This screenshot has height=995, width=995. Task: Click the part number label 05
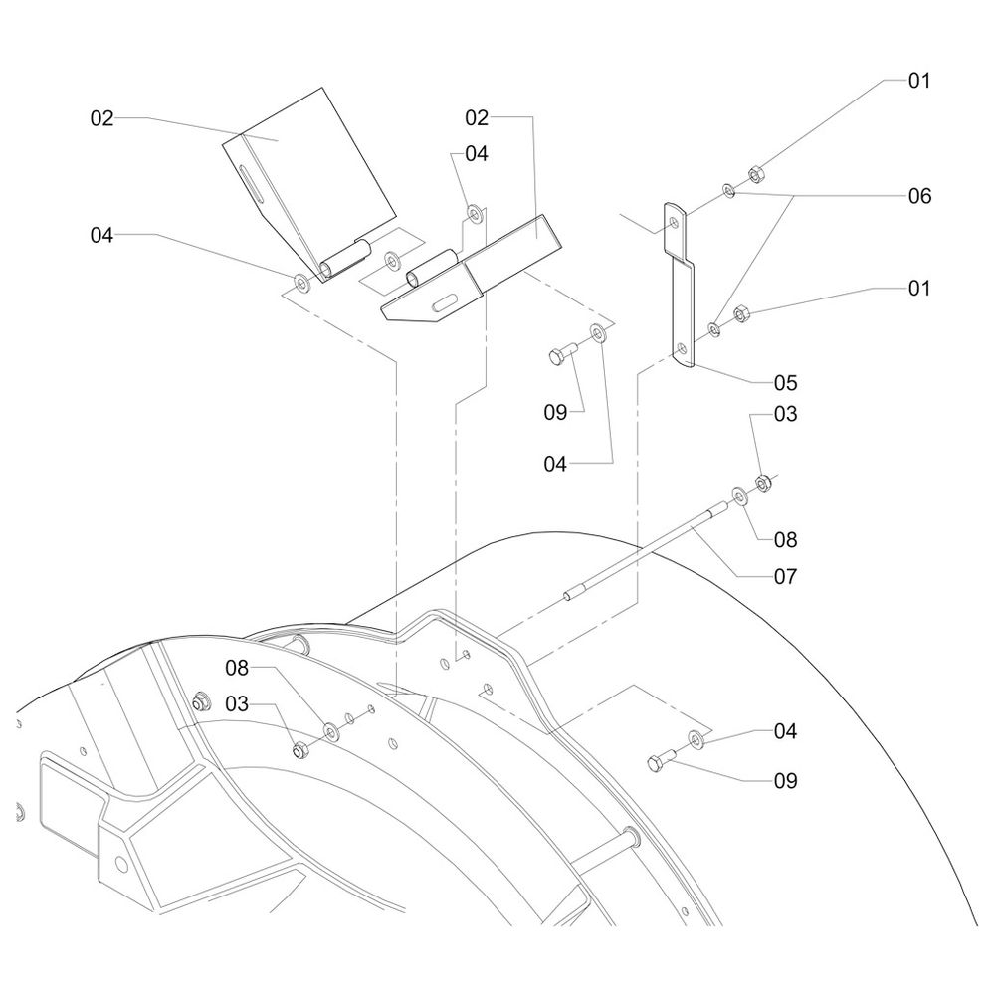click(x=786, y=382)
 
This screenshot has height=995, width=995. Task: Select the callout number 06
click(x=919, y=196)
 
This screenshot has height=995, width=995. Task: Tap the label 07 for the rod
click(x=786, y=576)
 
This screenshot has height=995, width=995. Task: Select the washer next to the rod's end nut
click(x=741, y=495)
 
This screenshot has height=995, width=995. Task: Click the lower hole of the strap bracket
click(x=682, y=349)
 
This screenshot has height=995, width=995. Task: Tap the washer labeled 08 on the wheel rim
click(x=328, y=732)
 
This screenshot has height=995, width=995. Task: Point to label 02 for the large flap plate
click(x=102, y=118)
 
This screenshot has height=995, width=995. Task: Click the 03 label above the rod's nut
click(x=786, y=414)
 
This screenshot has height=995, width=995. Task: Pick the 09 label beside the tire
click(x=786, y=781)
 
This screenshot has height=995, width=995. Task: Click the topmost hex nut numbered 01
click(x=753, y=171)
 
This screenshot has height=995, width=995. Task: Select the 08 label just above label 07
click(x=786, y=540)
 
